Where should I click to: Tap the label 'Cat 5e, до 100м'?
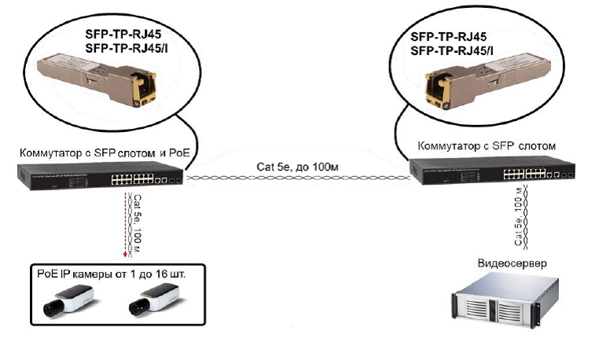(x=296, y=166)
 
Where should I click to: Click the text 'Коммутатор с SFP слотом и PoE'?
(x=107, y=150)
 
